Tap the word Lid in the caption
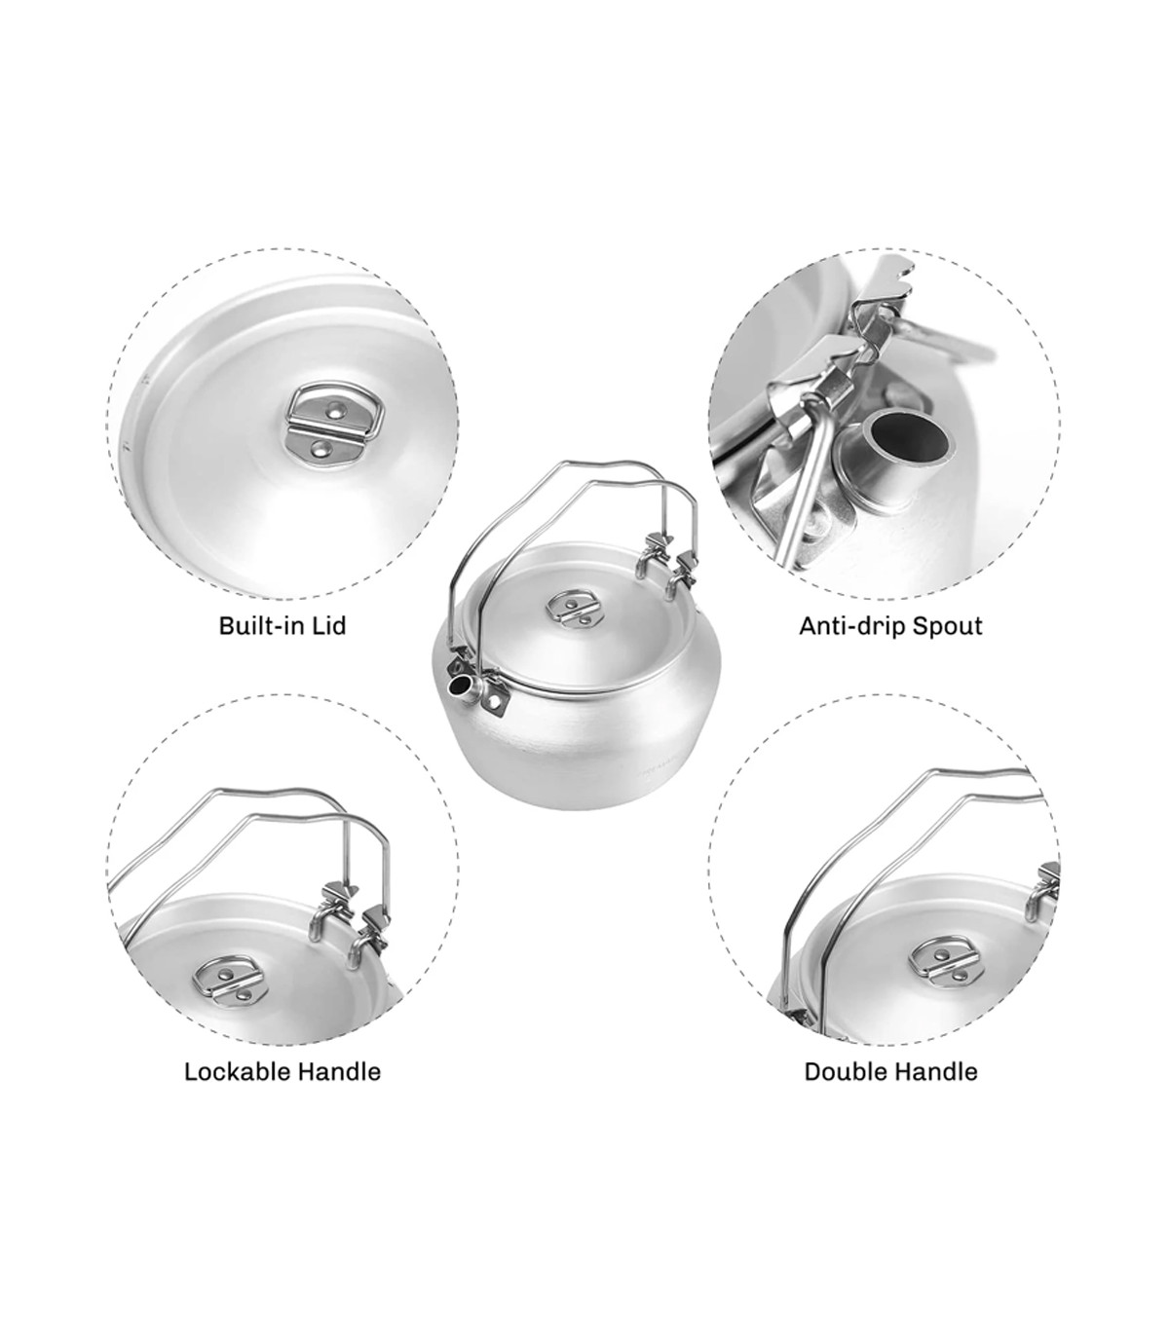pyautogui.click(x=331, y=625)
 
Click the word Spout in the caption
pyautogui.click(x=948, y=627)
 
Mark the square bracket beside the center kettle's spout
pyautogui.click(x=494, y=693)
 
